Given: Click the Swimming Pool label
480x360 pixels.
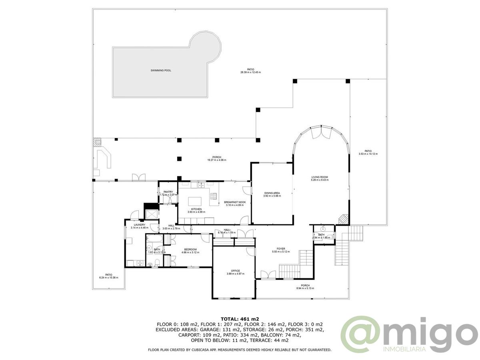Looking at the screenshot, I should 161,70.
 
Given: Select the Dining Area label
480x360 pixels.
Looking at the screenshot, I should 272,193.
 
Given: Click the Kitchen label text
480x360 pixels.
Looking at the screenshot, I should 196,209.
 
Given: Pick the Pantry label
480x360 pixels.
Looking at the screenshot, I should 168,192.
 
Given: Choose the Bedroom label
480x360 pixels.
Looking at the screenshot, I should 189,249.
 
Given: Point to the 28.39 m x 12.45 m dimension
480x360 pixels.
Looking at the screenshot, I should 250,72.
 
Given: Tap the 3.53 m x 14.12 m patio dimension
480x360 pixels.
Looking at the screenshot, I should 368,154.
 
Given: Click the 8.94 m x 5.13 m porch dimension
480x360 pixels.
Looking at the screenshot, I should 305,288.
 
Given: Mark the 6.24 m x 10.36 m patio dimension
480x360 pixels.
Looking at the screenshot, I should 108,278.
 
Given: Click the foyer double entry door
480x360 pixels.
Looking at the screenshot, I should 268,274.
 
